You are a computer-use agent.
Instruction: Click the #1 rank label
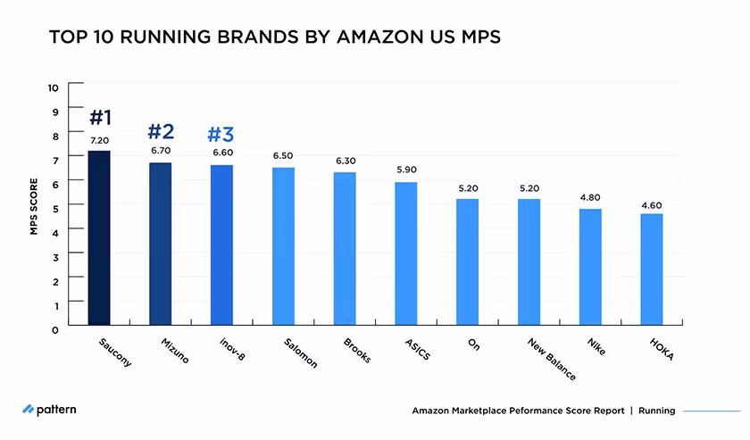[x=99, y=118]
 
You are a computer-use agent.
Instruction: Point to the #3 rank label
[x=221, y=135]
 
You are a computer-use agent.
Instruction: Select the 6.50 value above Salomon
[x=283, y=156]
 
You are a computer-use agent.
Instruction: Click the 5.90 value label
[x=406, y=170]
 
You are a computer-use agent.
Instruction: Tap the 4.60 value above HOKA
[x=652, y=205]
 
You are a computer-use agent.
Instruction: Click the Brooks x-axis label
[x=355, y=351]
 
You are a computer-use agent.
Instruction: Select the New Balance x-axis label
[x=550, y=359]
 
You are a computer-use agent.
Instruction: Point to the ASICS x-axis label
[x=416, y=349]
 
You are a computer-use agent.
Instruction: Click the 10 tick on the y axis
[x=53, y=87]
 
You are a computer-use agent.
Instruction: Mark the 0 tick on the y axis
[x=55, y=329]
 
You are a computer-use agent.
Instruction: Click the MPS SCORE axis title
[x=33, y=209]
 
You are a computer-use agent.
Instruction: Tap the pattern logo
[x=50, y=410]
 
